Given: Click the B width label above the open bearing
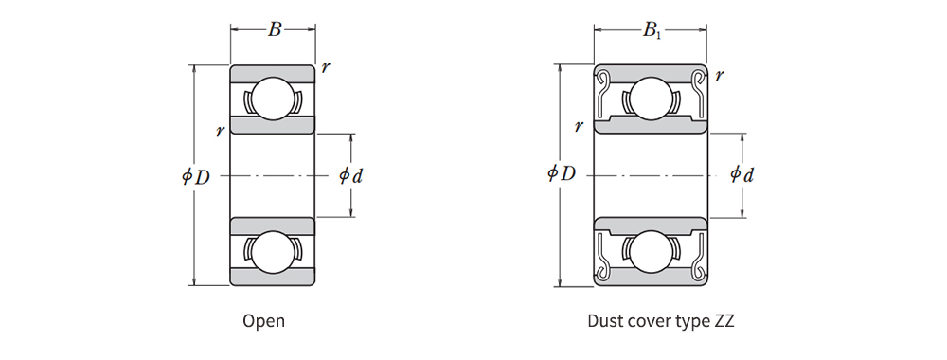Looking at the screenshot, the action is (x=275, y=29).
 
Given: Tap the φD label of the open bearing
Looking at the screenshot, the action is (x=196, y=176).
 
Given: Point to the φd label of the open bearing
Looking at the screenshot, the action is (x=351, y=176).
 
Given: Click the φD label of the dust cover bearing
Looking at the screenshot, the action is (x=562, y=173).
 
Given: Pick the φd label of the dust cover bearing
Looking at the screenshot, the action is (x=742, y=174).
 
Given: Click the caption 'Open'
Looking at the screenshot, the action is (x=264, y=321).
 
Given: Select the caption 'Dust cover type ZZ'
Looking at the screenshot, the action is (x=661, y=321).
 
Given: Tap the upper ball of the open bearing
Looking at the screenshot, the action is (x=272, y=99).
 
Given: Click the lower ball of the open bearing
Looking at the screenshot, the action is (x=272, y=251).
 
